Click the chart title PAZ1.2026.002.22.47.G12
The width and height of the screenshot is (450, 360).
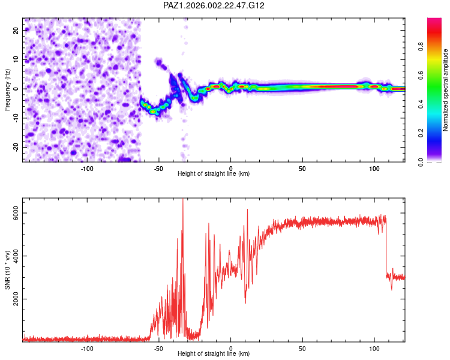pyautogui.click(x=214, y=5)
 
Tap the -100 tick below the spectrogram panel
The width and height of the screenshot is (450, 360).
pyautogui.click(x=87, y=168)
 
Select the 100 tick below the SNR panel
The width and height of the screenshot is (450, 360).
pyautogui.click(x=374, y=348)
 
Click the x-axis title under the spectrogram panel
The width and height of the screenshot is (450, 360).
pyautogui.click(x=214, y=174)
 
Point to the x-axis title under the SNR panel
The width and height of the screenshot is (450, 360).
pyautogui.click(x=214, y=354)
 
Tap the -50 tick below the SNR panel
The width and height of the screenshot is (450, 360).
pyautogui.click(x=159, y=348)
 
